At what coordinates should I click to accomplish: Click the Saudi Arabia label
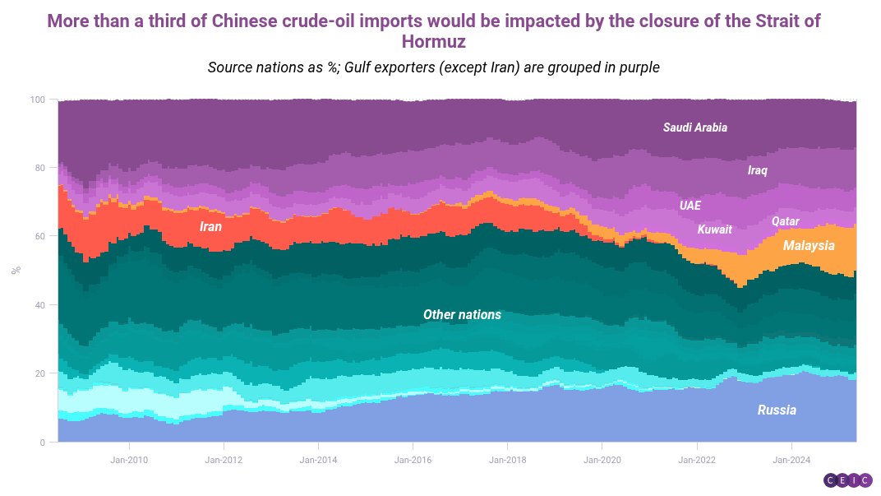(x=695, y=127)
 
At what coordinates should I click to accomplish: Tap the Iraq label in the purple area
(x=757, y=170)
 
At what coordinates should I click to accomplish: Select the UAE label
(x=690, y=206)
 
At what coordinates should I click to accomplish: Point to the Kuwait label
(x=714, y=229)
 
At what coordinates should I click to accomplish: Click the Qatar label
(x=786, y=221)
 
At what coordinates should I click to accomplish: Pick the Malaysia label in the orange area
(x=809, y=246)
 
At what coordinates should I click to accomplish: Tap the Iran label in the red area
(x=211, y=226)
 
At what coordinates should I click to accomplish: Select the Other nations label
(x=462, y=315)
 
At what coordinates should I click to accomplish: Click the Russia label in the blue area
(x=777, y=410)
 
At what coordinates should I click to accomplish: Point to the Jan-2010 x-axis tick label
(x=129, y=459)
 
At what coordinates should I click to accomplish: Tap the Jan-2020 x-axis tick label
(x=602, y=459)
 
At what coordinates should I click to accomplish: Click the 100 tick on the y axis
(x=38, y=100)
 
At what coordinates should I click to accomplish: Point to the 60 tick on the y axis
(x=40, y=236)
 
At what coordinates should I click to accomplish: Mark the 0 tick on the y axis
(x=43, y=443)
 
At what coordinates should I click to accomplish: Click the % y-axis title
(x=16, y=271)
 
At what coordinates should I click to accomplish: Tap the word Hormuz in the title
(x=434, y=41)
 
